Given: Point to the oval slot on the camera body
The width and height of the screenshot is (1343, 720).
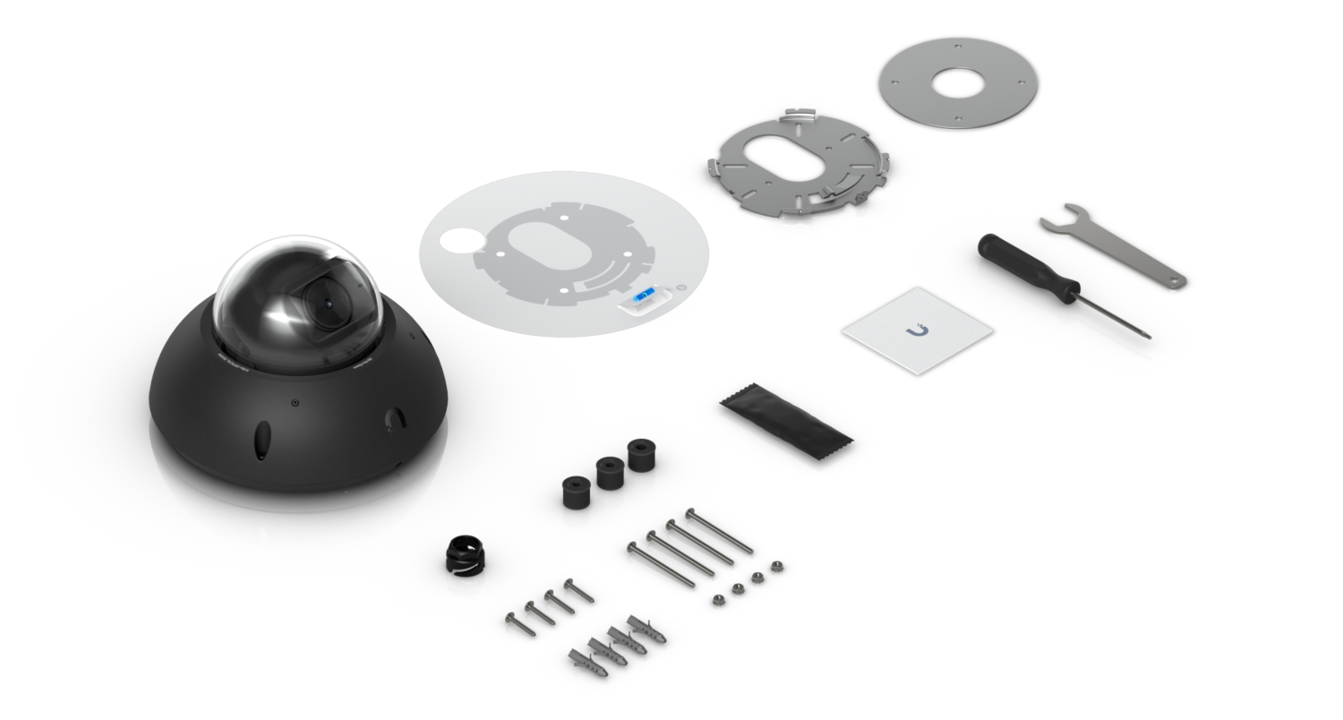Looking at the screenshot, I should pyautogui.click(x=263, y=440).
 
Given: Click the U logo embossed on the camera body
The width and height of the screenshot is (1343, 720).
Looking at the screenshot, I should pyautogui.click(x=393, y=418).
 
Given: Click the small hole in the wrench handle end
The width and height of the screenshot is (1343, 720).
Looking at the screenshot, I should pyautogui.click(x=1173, y=284).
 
